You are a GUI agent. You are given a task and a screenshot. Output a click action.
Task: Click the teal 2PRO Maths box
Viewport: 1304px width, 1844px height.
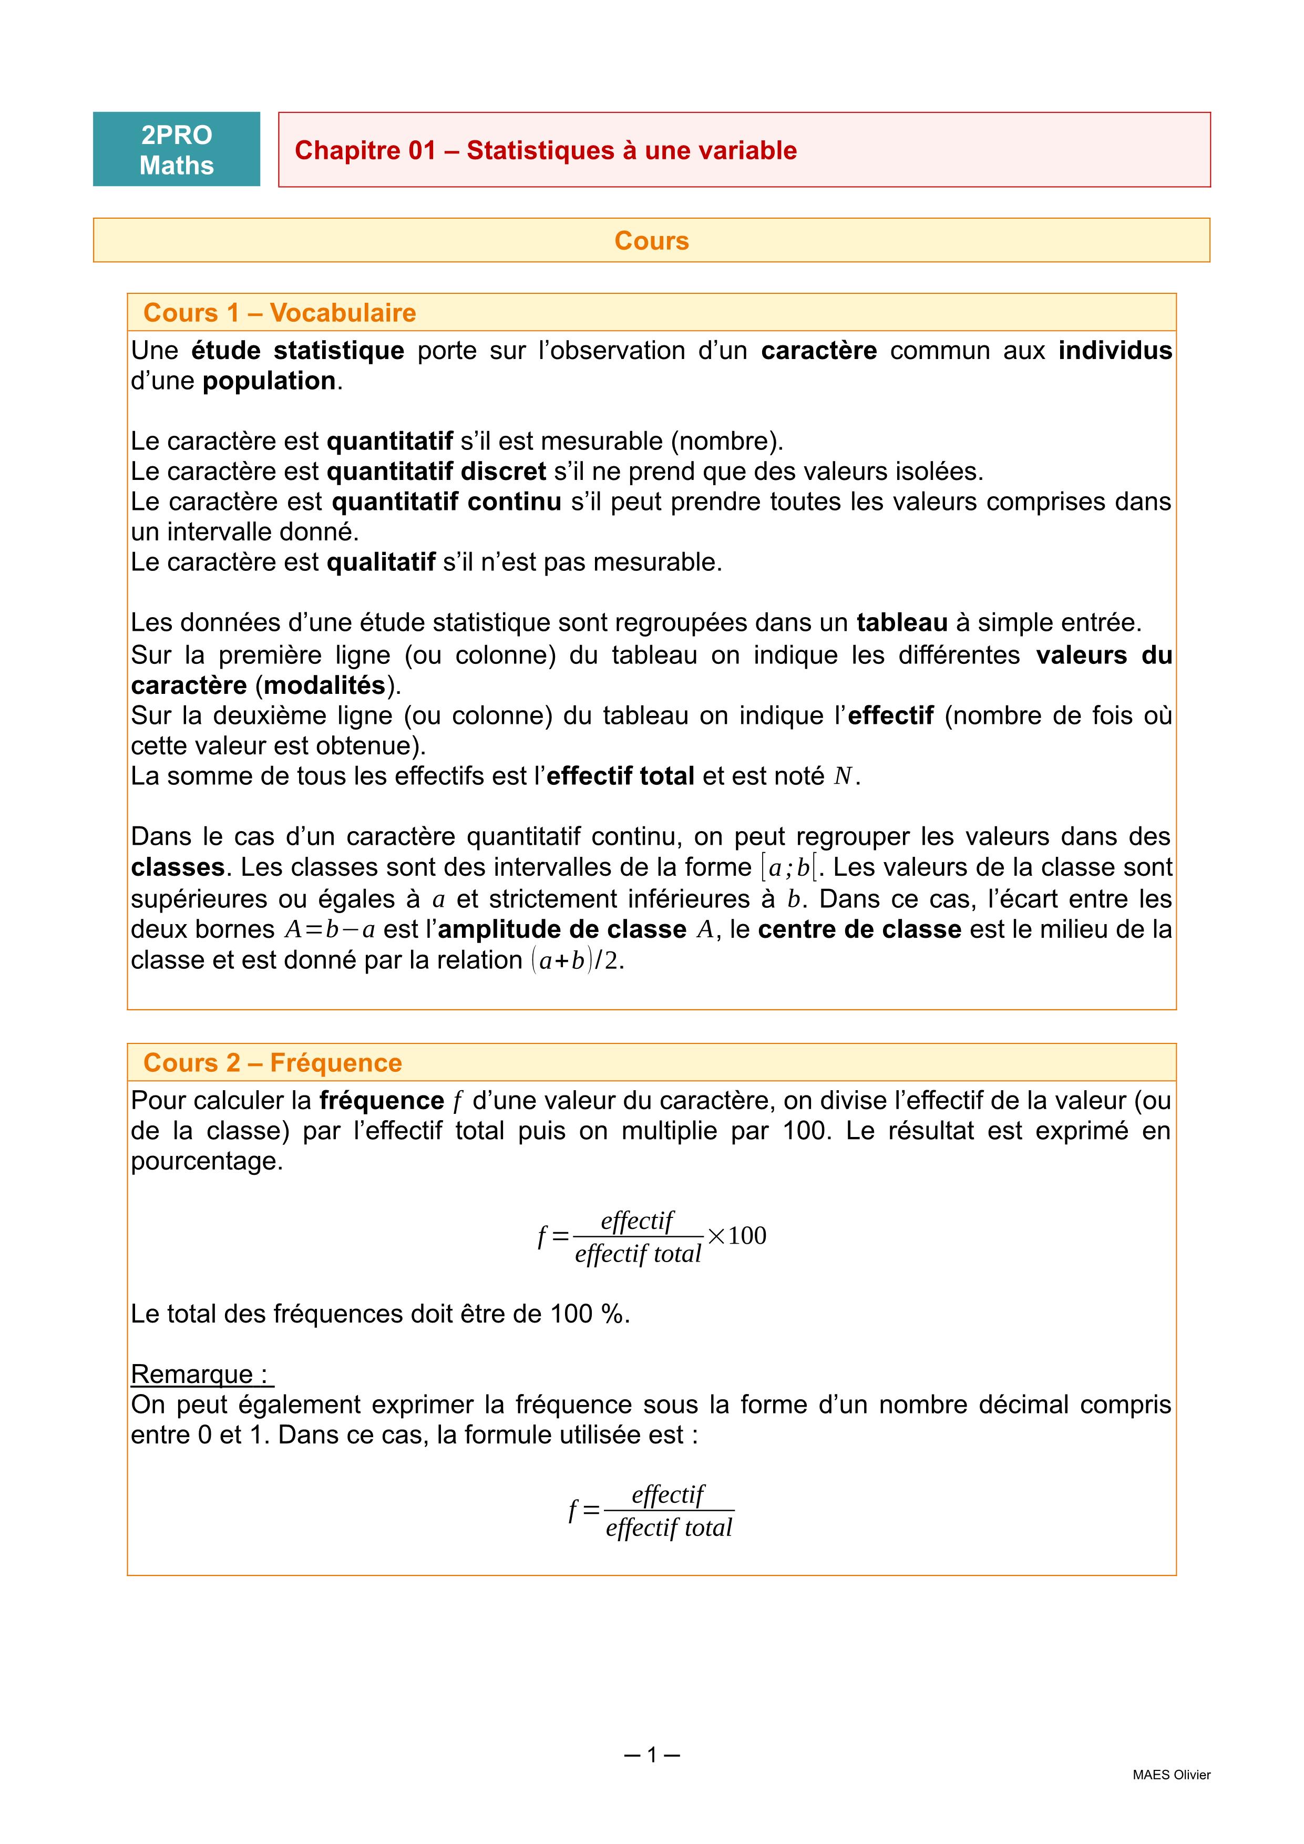click(x=177, y=149)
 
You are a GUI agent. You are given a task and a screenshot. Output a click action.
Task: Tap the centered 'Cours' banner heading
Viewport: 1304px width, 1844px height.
click(x=651, y=241)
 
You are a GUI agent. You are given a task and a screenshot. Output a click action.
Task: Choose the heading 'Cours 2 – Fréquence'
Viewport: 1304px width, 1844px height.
click(x=272, y=1062)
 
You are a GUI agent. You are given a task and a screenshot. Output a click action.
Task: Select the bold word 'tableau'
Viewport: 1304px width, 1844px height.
click(x=902, y=622)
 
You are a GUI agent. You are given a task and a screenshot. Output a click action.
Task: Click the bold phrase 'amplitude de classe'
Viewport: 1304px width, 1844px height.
click(x=562, y=929)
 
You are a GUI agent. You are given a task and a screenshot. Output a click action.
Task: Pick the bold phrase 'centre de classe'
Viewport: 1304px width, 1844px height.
click(x=859, y=929)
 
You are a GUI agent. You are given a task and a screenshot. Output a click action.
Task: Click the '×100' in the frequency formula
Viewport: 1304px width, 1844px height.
click(x=736, y=1235)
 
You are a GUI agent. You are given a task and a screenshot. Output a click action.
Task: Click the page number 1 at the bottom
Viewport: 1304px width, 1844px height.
click(x=652, y=1755)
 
